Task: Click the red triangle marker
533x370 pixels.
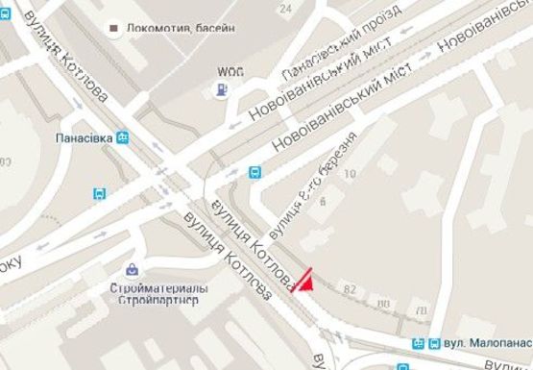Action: (x=303, y=281)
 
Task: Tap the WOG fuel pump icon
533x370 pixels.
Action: (x=223, y=90)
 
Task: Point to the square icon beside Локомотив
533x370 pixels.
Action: (x=114, y=29)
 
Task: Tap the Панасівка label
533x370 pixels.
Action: (x=84, y=137)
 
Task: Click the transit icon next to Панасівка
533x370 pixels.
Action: (x=123, y=137)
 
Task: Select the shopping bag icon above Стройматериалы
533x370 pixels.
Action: (x=132, y=269)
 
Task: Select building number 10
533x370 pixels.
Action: (x=350, y=174)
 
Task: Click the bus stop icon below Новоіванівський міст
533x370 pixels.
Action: (x=254, y=173)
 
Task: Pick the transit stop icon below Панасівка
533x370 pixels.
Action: (x=101, y=193)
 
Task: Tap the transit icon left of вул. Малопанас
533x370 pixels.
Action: (x=419, y=343)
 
